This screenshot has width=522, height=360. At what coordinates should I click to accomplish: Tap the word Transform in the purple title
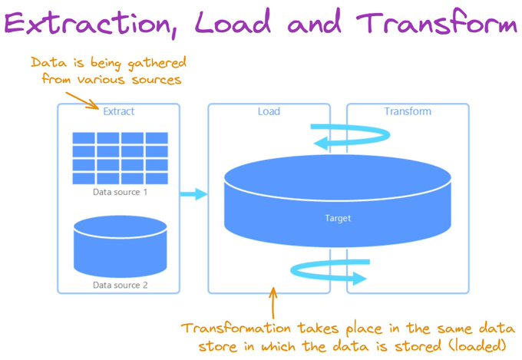pyautogui.click(x=436, y=22)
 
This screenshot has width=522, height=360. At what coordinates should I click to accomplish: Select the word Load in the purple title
pyautogui.click(x=233, y=22)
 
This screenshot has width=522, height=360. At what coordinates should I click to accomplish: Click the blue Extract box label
pyautogui.click(x=118, y=111)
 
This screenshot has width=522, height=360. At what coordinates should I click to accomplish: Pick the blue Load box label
pyautogui.click(x=269, y=111)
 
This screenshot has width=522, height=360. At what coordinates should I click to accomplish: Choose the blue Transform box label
pyautogui.click(x=408, y=111)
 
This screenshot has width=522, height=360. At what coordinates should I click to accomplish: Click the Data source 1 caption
pyautogui.click(x=120, y=192)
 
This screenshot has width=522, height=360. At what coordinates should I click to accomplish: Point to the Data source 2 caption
pyautogui.click(x=120, y=285)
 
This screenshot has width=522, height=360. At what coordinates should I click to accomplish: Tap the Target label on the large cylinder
pyautogui.click(x=338, y=218)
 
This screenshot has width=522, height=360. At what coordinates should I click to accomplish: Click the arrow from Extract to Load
pyautogui.click(x=193, y=194)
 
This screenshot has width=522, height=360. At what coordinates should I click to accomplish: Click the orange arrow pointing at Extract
pyautogui.click(x=82, y=101)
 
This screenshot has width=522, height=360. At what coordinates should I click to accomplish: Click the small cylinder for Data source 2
pyautogui.click(x=121, y=246)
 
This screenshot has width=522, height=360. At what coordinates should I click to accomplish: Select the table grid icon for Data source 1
pyautogui.click(x=121, y=158)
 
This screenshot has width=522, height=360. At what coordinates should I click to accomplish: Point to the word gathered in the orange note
pyautogui.click(x=157, y=63)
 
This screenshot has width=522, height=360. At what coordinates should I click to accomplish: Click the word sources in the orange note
pyautogui.click(x=156, y=80)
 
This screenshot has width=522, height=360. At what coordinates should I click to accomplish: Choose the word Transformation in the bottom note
pyautogui.click(x=236, y=329)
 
